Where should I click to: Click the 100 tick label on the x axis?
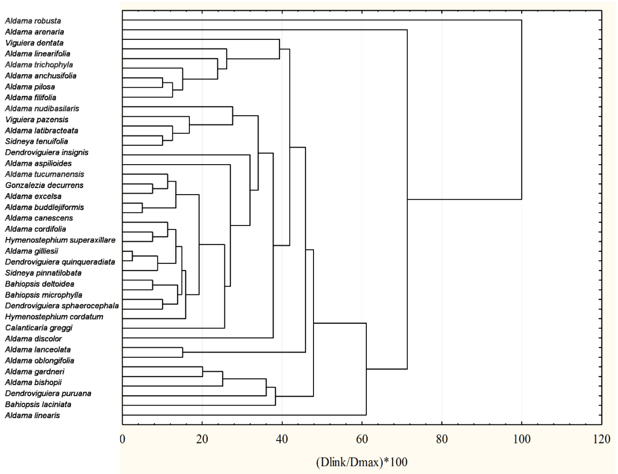point(521,439)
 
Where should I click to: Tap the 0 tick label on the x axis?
point(122,439)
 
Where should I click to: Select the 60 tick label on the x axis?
point(362,439)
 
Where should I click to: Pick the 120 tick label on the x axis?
point(601,439)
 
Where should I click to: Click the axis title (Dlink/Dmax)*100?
point(362,462)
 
